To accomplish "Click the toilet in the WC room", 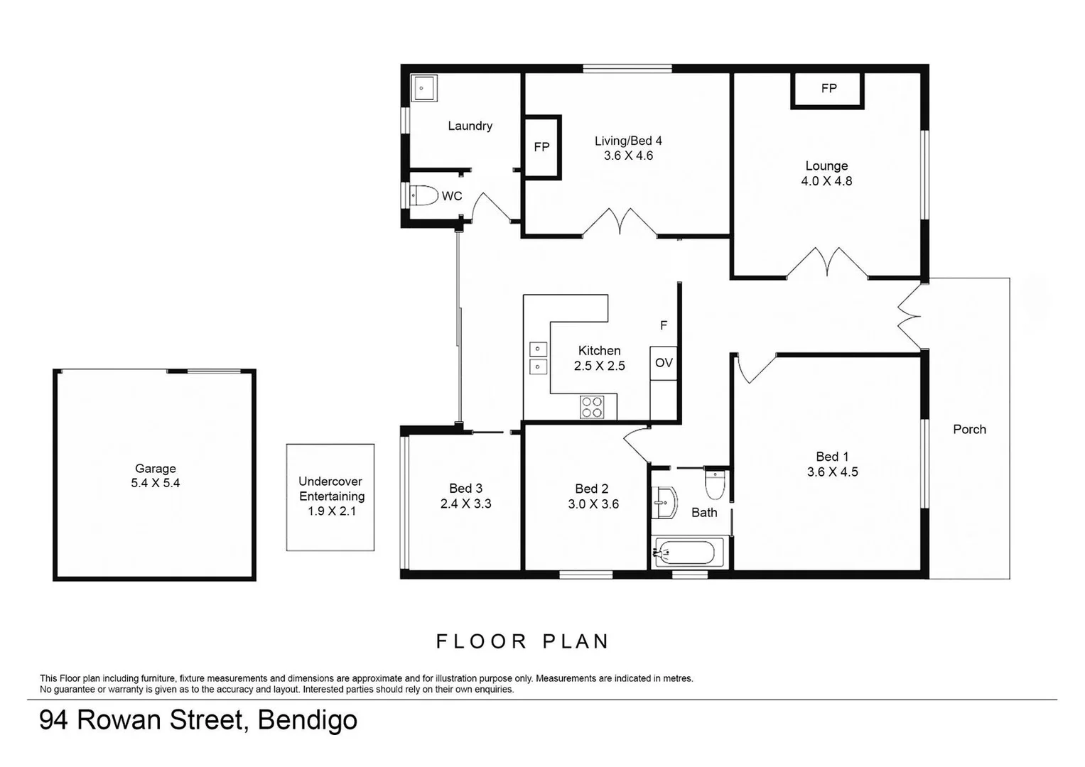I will coord(424,195).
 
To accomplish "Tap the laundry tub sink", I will coord(423,89).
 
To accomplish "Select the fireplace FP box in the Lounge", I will coord(827,89).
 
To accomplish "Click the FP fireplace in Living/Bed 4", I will coord(542,147).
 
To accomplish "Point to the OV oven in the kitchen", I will coord(664,363).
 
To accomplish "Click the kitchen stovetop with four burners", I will coord(593,407).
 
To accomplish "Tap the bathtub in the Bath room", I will coord(688,553).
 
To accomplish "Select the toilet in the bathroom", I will coord(715,484).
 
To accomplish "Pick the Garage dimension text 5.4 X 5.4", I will coord(155,483).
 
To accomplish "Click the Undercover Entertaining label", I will coord(331,489).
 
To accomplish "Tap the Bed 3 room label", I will coord(465,489).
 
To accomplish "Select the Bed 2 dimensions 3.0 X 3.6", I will coord(593,504).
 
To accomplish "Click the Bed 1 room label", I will coord(832,457).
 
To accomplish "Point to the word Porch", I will coord(969,429).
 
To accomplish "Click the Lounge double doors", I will coord(826,263).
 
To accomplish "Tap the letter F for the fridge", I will coord(664,325).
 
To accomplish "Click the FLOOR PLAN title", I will coord(523,641).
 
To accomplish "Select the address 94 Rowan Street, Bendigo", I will coord(198,720).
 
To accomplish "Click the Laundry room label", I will coord(470,126).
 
